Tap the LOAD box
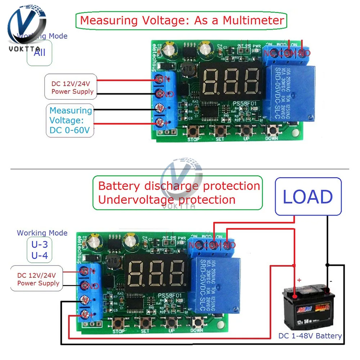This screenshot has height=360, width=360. (307, 197)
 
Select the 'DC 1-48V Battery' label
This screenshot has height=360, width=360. (310, 336)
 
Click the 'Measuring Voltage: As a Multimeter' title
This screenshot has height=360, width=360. (181, 20)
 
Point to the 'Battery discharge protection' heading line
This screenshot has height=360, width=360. (179, 186)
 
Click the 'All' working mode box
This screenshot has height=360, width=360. (39, 53)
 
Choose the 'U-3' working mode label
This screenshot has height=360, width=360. (40, 244)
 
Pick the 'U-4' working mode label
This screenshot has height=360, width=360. (40, 256)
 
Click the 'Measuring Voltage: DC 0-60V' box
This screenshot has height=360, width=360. (70, 120)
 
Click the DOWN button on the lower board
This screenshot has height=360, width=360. (197, 323)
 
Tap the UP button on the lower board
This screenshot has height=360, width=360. (171, 323)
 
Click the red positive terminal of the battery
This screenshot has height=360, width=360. (294, 296)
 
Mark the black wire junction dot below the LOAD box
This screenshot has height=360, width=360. (327, 265)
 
